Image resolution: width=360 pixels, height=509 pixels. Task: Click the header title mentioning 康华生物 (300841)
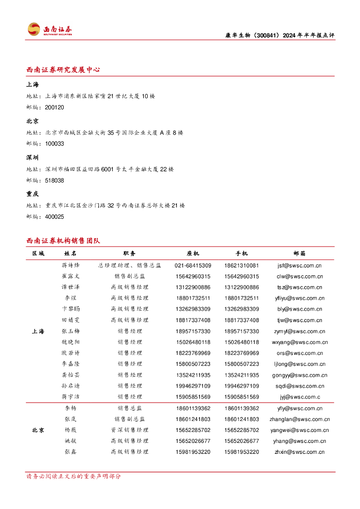pos(277,35)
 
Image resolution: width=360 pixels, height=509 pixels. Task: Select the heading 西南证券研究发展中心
pos(63,70)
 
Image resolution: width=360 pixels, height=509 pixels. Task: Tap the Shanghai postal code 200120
pos(54,107)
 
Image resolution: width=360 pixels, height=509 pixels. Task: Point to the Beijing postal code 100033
pos(54,144)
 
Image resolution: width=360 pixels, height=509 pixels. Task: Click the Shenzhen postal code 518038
pos(54,180)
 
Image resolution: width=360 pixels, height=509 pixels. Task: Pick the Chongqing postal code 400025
pos(54,217)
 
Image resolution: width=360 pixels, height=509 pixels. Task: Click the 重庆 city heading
pos(33,193)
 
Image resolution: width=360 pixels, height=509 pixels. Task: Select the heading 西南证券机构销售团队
pos(63,241)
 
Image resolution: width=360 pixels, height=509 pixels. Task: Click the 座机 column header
pos(193,254)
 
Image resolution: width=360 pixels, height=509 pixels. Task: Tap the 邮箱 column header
pos(300,254)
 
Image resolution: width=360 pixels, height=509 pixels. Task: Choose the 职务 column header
pos(129,254)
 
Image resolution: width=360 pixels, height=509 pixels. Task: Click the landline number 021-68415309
pos(193,265)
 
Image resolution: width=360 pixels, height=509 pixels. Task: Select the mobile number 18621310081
pos(242,265)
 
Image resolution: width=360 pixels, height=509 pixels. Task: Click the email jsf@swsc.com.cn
pos(300,265)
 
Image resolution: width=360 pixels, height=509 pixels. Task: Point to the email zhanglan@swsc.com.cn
pos(300,419)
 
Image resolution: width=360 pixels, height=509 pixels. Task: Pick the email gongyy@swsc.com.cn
pos(300,375)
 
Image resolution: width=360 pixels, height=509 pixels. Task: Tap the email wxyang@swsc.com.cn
pos(300,342)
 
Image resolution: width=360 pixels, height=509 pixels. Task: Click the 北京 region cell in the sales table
pos(38,430)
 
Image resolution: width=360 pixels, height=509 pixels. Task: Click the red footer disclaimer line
pos(74,476)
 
